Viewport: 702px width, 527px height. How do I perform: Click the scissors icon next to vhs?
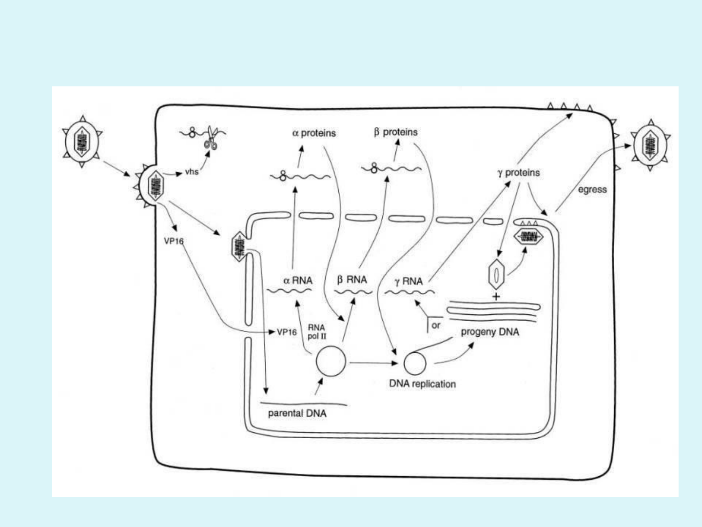211,138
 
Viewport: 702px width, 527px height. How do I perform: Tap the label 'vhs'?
192,172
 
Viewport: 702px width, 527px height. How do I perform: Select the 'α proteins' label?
314,133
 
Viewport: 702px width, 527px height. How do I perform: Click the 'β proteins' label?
395,132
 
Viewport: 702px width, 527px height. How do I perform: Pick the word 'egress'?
592,189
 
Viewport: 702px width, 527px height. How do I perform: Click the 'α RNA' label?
298,281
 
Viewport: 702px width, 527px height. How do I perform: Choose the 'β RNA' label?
352,280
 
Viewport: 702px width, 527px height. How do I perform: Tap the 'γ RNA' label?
409,281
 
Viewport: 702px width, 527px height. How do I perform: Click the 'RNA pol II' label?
316,332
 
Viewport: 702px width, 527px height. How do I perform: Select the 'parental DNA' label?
297,413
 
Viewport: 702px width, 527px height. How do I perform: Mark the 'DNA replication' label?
422,384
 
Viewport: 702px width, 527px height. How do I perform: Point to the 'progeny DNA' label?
490,332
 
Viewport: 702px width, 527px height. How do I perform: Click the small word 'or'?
436,325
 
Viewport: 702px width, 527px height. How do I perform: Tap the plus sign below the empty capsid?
496,296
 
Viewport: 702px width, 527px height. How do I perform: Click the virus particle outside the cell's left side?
82,142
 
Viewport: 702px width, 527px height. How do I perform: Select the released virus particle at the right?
650,145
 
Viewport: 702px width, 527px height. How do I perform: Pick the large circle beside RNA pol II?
331,362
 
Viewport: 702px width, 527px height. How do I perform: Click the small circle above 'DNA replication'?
415,363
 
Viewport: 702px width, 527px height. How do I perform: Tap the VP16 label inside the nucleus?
287,332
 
